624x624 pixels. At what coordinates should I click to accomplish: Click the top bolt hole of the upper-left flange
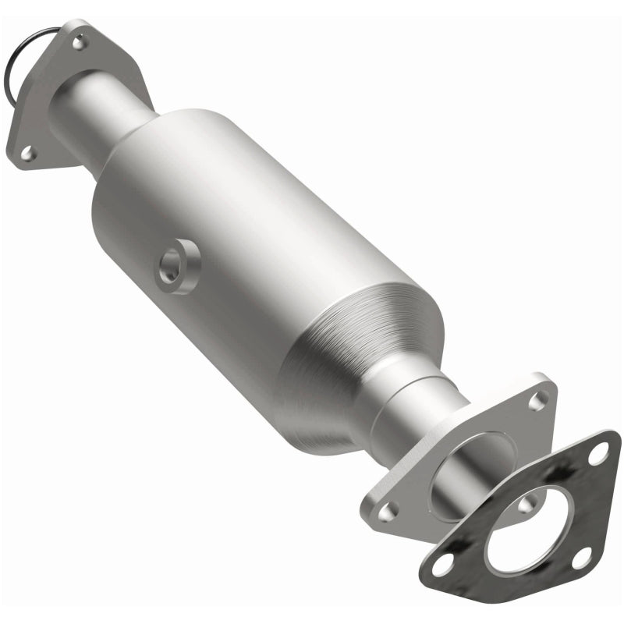(79, 41)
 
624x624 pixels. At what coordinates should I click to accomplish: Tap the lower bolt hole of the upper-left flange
(27, 154)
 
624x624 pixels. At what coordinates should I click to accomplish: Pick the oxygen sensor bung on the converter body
(176, 268)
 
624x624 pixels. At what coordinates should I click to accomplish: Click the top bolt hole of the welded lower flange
(537, 401)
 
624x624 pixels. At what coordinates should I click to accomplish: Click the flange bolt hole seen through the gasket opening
(528, 505)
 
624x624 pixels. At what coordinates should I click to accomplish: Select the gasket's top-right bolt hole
(598, 452)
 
